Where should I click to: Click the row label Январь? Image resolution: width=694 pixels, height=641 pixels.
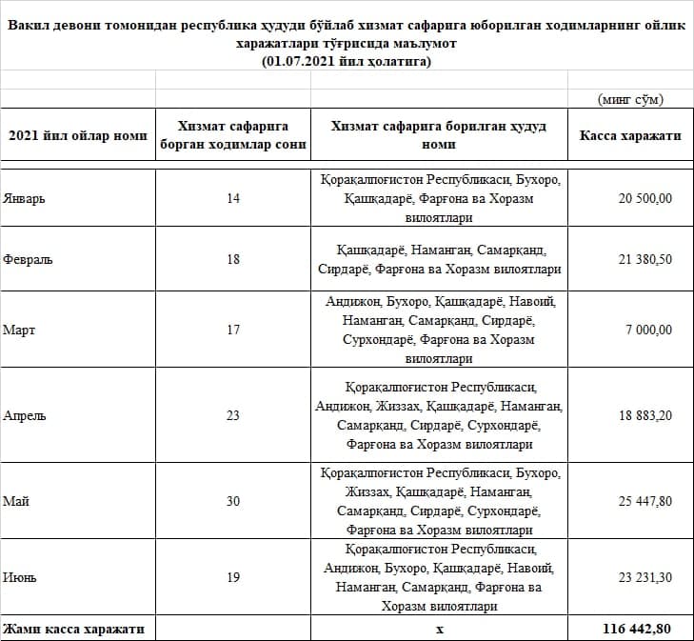(x=24, y=198)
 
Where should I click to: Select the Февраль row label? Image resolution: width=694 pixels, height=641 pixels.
(x=27, y=259)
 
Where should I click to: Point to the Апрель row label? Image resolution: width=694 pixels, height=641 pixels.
(x=25, y=415)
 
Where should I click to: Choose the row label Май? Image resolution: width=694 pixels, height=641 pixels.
(x=16, y=501)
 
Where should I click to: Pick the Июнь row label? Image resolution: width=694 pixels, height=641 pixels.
(x=20, y=577)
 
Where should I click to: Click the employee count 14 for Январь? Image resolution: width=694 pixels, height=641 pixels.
(x=233, y=198)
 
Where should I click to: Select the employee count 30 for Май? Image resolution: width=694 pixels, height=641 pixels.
(x=233, y=501)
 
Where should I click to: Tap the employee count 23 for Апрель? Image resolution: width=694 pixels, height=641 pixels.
(x=233, y=415)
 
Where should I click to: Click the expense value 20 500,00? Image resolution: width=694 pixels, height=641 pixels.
(x=644, y=198)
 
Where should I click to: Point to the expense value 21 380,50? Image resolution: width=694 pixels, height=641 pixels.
(x=644, y=259)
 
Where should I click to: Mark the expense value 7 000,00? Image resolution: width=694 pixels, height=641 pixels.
(x=648, y=330)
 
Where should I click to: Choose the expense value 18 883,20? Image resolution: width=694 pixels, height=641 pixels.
(x=644, y=415)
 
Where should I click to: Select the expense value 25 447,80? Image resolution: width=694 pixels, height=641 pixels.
(x=644, y=501)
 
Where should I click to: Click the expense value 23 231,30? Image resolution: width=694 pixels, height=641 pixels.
(x=644, y=577)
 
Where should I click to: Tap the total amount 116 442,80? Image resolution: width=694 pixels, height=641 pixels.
(x=642, y=630)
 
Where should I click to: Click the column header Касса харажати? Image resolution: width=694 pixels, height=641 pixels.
(x=630, y=136)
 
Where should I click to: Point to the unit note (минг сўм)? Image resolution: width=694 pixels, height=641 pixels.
(x=630, y=99)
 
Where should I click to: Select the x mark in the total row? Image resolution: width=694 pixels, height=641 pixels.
(x=439, y=630)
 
